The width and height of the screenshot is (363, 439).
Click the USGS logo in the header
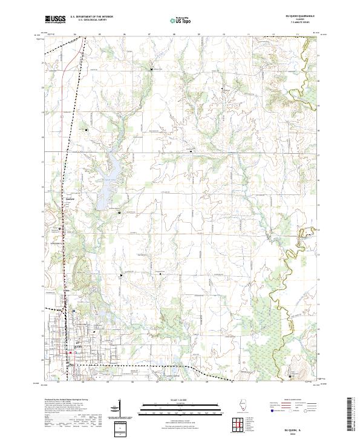click(x=55, y=19)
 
